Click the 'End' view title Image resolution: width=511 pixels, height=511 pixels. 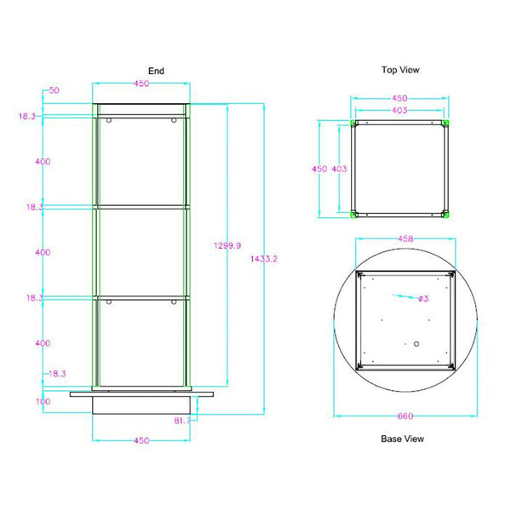point(156,72)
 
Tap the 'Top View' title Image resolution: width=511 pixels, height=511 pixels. point(399,70)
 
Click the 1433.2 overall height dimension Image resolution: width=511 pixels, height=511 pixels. point(265,258)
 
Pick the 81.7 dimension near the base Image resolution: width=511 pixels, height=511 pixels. point(182,420)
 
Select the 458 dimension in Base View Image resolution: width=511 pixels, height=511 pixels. point(405,240)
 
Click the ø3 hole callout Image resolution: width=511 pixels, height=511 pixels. point(422,299)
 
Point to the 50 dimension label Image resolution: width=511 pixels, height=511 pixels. point(54,89)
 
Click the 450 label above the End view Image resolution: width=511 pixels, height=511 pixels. point(141,83)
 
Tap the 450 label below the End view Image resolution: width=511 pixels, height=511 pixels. point(141,440)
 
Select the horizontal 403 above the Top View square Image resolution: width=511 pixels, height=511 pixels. point(399,111)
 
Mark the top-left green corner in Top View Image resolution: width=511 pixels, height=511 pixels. point(355,125)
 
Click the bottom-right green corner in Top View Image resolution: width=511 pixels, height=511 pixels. point(445,213)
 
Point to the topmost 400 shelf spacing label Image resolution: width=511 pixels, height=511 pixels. point(43,161)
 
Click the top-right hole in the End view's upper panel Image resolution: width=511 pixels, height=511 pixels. point(174,121)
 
